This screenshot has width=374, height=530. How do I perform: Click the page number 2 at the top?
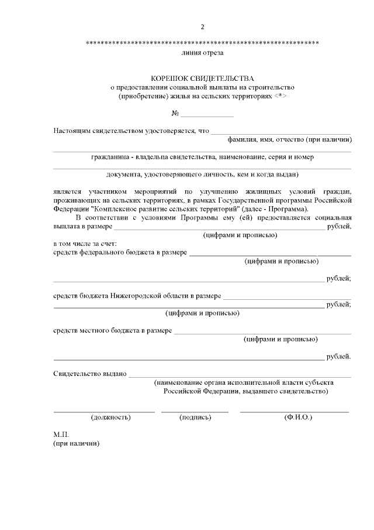coord(202,27)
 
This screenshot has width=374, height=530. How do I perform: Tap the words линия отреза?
coord(202,53)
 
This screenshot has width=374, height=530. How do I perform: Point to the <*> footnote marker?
coord(281,95)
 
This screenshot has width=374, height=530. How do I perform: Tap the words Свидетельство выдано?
coord(90,374)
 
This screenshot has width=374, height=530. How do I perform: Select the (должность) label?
coord(110,418)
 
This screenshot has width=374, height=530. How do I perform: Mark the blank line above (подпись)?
coord(195,412)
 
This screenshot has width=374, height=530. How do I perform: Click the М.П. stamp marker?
coord(61,435)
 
